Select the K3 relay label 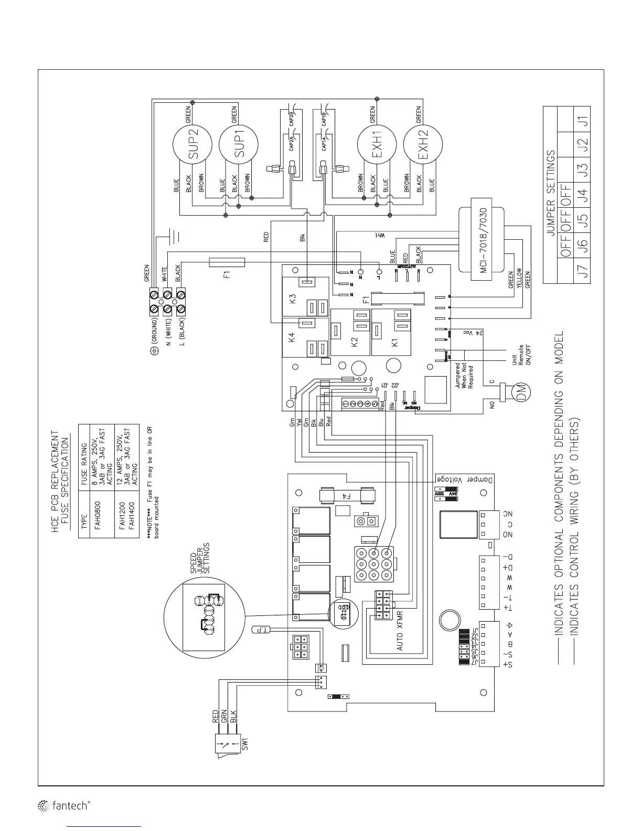click(x=293, y=300)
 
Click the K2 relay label click(x=354, y=342)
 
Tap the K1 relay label click(x=395, y=342)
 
